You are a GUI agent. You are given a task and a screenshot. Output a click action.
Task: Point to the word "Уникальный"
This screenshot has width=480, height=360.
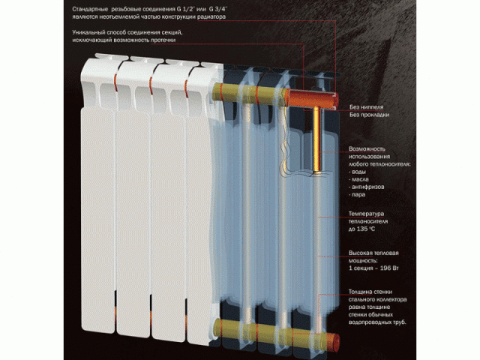point(91,34)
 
